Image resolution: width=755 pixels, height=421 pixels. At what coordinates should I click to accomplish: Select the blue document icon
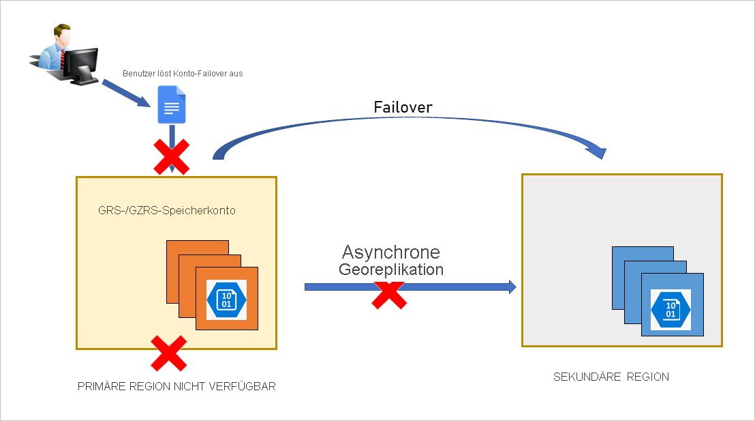(171, 104)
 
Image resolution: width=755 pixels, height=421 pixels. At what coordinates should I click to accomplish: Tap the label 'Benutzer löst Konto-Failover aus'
(183, 73)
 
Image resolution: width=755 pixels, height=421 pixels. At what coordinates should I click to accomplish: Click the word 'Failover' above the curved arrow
(403, 108)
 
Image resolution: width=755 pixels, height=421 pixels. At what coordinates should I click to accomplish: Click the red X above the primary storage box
(171, 158)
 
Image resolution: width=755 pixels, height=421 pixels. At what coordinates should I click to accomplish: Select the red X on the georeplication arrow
(389, 293)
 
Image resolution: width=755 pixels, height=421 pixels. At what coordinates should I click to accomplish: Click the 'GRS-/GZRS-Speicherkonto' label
(167, 211)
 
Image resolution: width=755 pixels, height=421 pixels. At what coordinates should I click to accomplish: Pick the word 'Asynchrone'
(391, 252)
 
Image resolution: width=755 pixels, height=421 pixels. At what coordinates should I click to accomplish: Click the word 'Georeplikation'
(391, 270)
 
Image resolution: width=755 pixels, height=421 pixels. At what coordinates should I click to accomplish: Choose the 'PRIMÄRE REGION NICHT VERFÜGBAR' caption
(176, 386)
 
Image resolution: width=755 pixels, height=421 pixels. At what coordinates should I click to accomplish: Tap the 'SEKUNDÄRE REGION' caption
(611, 377)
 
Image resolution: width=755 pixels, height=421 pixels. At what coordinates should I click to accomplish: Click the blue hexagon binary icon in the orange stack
(227, 300)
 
